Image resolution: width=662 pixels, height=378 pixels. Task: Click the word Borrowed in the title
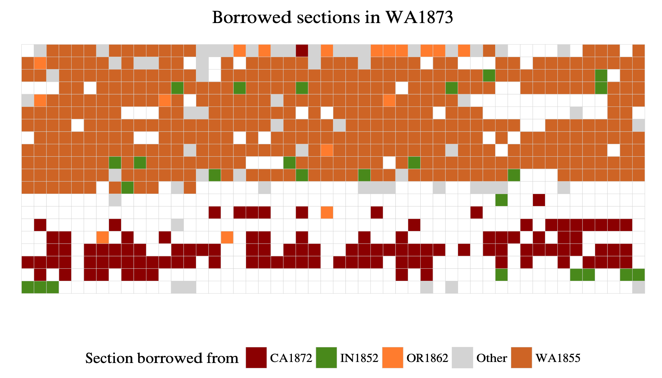tap(252, 17)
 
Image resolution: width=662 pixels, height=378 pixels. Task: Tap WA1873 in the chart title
tap(419, 17)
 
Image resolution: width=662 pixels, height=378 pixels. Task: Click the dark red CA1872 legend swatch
tap(256, 358)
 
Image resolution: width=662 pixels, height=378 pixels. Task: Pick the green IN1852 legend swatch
tap(326, 358)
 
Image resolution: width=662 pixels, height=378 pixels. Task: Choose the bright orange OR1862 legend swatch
tap(392, 358)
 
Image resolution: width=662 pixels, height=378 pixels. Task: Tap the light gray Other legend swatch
tap(462, 358)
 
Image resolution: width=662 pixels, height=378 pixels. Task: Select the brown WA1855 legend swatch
tap(521, 358)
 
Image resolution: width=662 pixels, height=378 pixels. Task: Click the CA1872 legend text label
tap(291, 358)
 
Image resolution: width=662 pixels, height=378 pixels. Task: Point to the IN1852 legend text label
tap(359, 358)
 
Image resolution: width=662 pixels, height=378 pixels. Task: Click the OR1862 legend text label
tap(427, 358)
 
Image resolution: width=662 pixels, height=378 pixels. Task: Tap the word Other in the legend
tap(491, 358)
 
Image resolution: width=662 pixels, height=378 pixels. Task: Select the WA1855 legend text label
tap(558, 358)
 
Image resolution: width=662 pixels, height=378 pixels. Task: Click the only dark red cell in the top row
tap(302, 50)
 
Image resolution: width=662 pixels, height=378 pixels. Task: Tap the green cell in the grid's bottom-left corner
tap(28, 287)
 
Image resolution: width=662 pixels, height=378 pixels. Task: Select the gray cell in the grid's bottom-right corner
tap(638, 287)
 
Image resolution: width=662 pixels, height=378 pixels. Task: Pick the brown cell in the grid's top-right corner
tap(638, 50)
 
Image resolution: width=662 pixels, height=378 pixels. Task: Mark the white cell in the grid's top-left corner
tap(28, 50)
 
